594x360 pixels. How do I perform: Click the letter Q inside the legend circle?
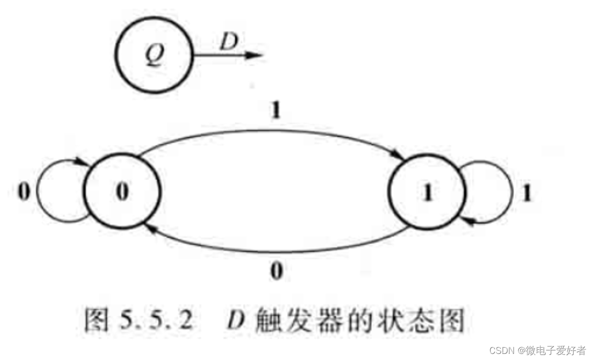154,56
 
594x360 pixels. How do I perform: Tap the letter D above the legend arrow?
229,43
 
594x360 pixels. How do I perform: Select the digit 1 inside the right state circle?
428,194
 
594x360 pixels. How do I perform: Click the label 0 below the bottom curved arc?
276,272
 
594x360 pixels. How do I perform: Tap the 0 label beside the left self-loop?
24,193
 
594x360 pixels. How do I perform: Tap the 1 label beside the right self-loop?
527,194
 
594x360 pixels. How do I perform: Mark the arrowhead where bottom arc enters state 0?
149,229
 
